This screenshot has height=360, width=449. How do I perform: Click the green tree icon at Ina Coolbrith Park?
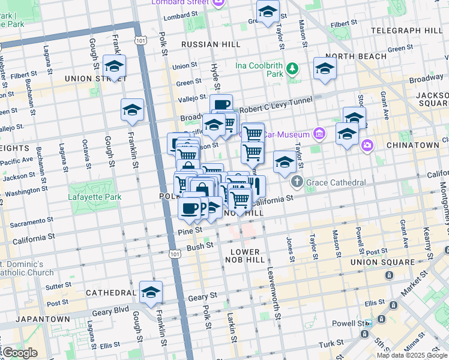(x=292, y=68)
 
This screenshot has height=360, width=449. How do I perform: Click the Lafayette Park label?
(x=96, y=197)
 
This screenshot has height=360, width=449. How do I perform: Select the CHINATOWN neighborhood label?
(x=413, y=145)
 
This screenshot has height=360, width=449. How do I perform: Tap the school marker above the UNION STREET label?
(x=114, y=66)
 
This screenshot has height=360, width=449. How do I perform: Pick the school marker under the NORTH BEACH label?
(x=325, y=68)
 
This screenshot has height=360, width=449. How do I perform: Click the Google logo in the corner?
(x=20, y=353)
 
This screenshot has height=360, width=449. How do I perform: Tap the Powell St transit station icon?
(x=367, y=323)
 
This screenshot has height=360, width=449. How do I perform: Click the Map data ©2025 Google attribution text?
(x=412, y=355)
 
